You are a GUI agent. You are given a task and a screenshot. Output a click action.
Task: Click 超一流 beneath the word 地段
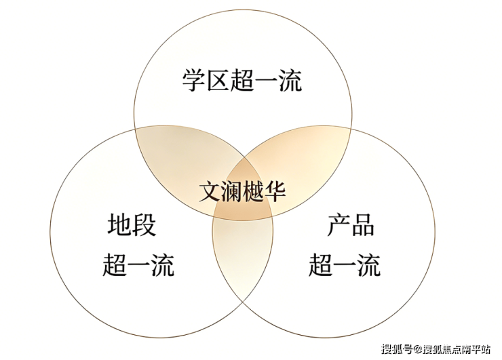pos(138,264)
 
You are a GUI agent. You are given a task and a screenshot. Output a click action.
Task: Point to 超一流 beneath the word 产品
pos(345,264)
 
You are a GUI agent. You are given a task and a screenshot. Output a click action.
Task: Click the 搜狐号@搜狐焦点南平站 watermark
pos(436,349)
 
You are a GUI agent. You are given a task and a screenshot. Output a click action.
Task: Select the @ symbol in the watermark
pos(417,349)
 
